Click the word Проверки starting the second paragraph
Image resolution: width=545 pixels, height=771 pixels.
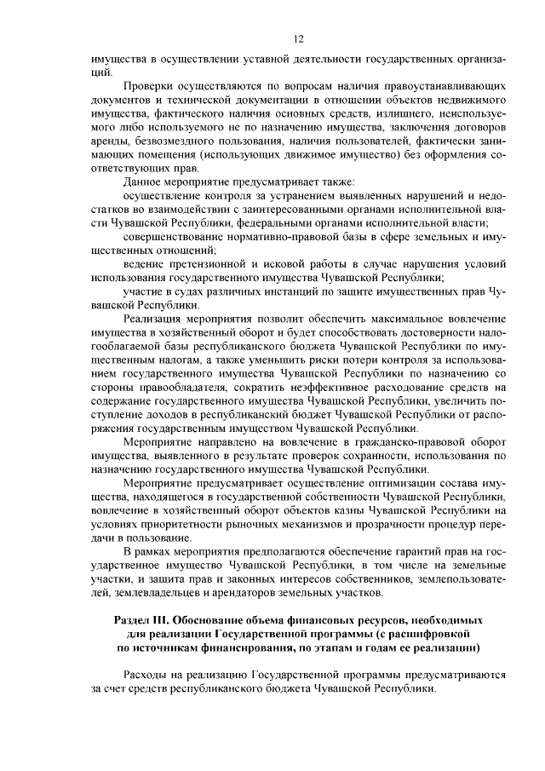pyautogui.click(x=150, y=88)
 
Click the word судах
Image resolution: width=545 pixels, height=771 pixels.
pyautogui.click(x=186, y=291)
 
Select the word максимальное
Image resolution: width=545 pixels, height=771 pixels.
pyautogui.click(x=406, y=319)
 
